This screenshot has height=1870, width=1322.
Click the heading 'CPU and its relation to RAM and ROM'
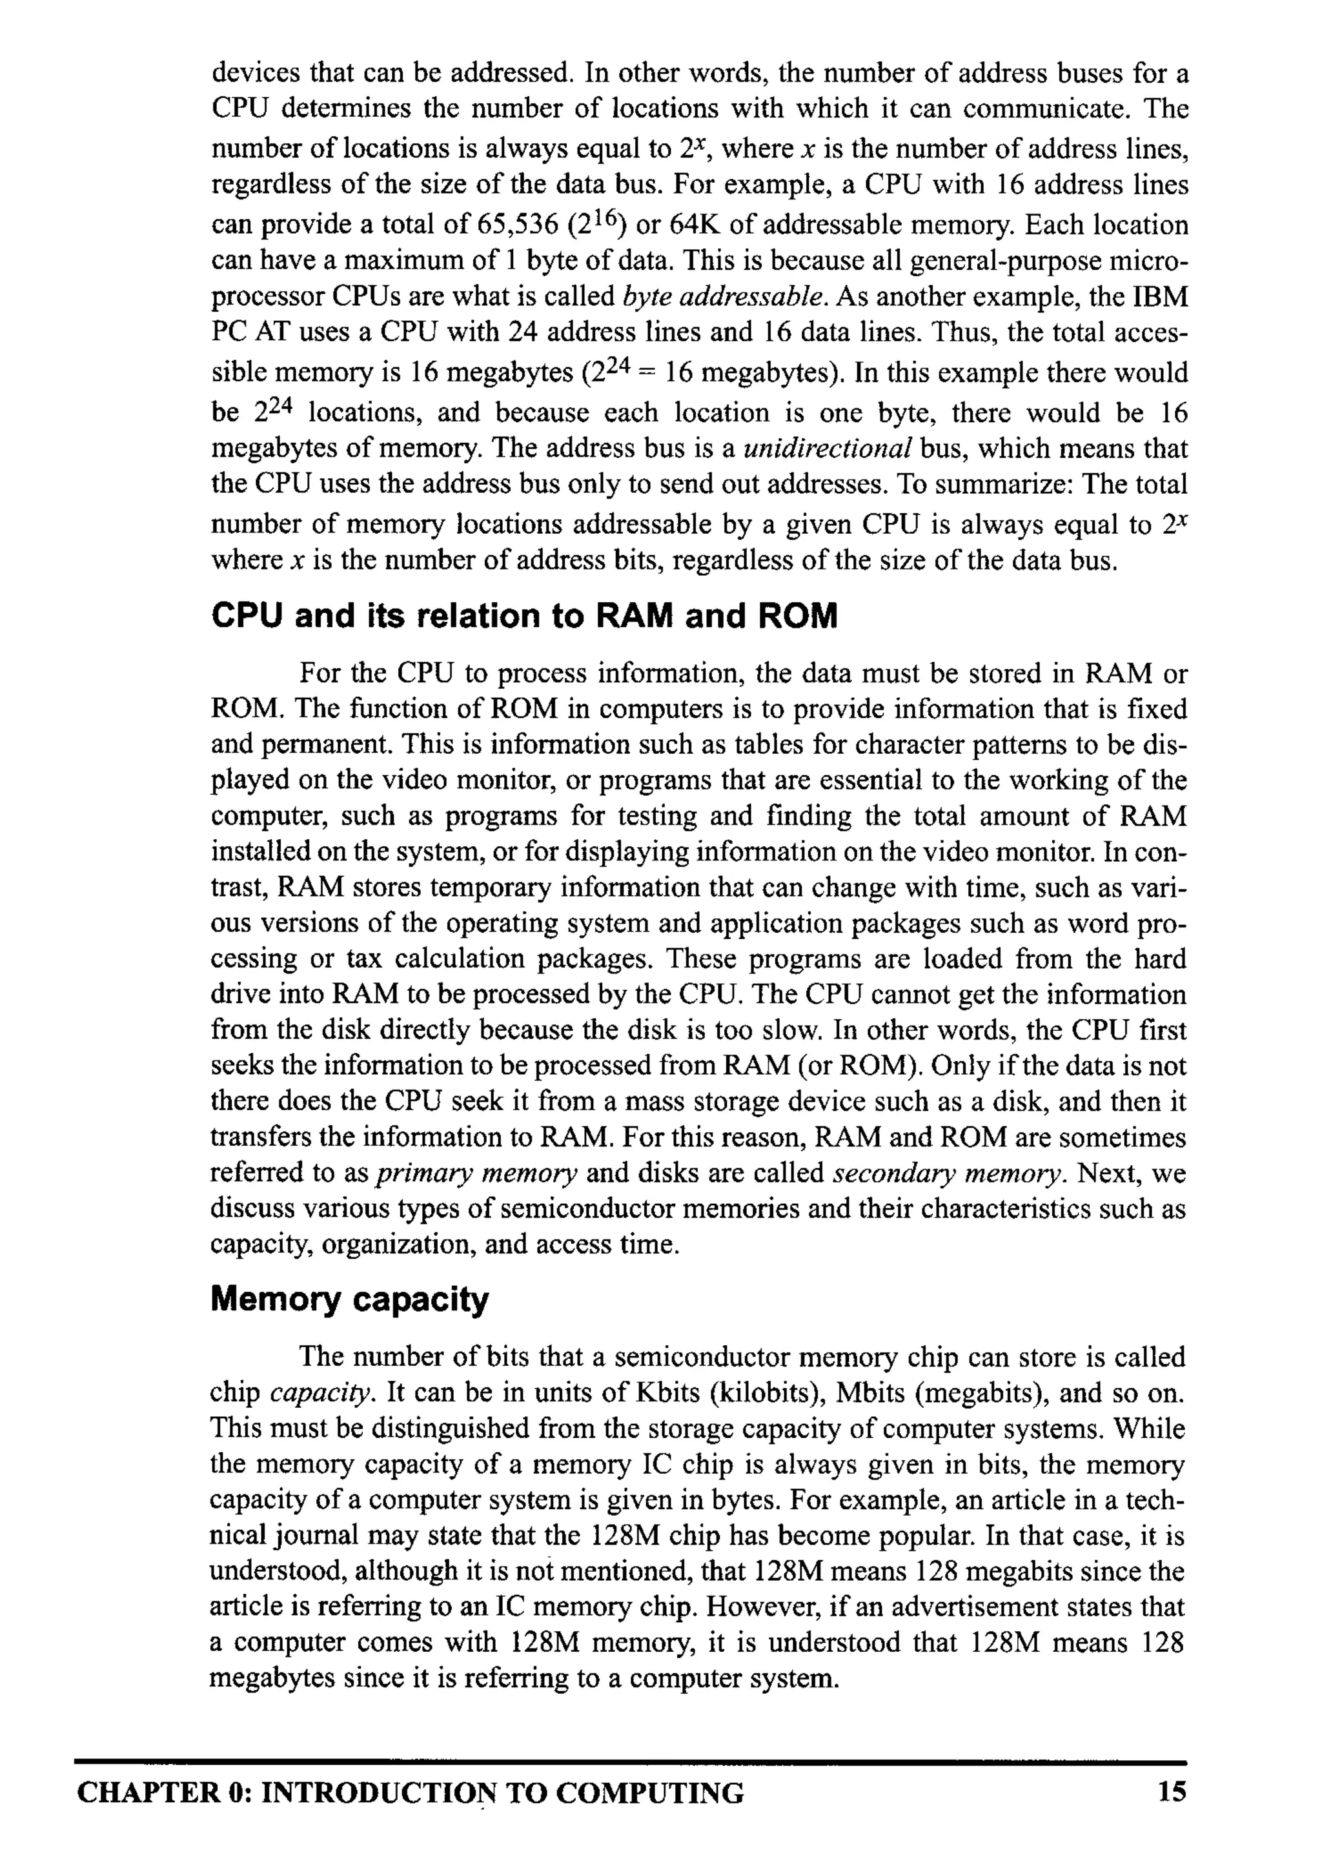click(x=524, y=616)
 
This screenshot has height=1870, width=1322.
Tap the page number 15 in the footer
click(x=1172, y=1793)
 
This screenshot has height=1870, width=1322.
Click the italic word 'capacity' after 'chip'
click(x=323, y=1394)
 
